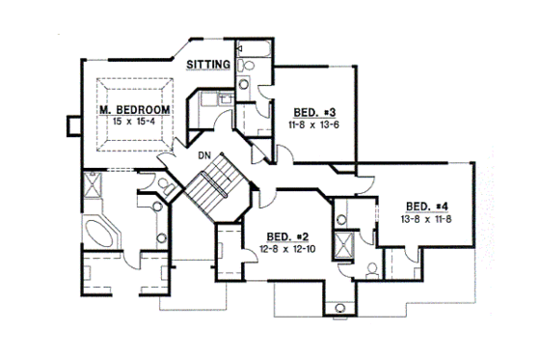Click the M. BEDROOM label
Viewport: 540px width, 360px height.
135,110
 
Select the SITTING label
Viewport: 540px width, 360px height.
209,65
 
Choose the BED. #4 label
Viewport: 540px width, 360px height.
425,206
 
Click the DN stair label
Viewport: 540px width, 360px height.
204,154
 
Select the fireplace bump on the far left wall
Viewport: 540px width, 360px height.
70,125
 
